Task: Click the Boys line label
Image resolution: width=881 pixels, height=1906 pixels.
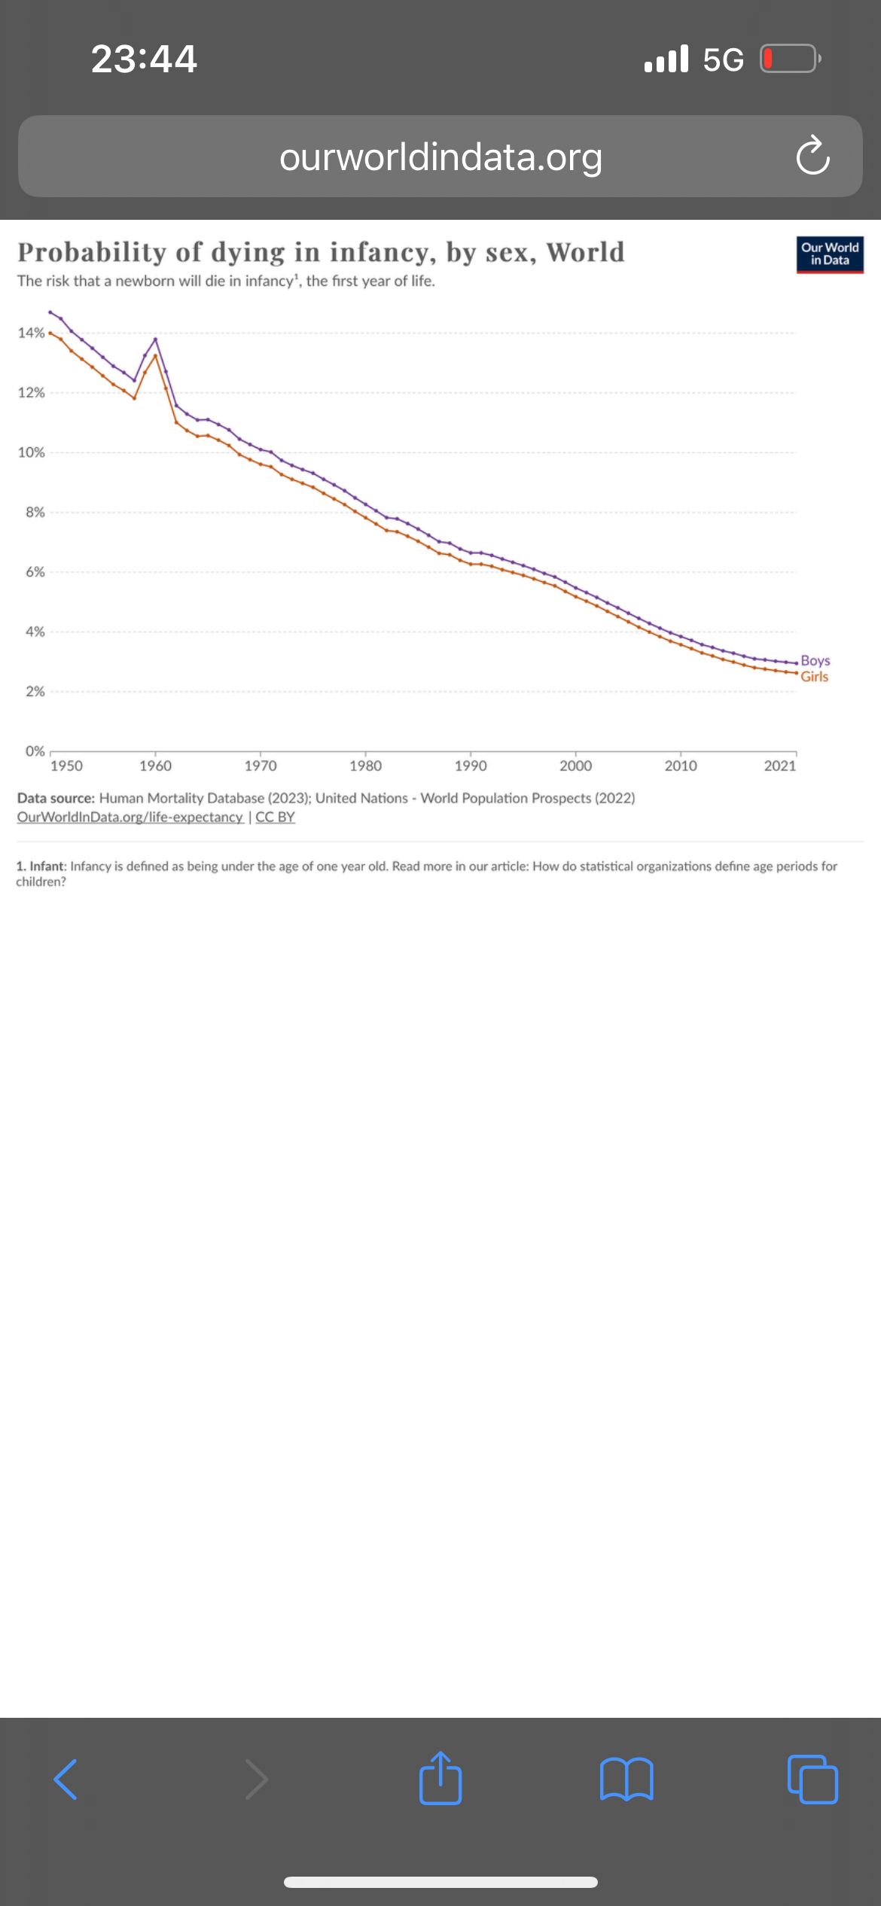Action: (x=815, y=660)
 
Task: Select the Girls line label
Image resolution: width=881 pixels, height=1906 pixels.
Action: (x=814, y=677)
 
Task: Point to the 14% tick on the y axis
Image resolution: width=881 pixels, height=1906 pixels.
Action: (x=31, y=333)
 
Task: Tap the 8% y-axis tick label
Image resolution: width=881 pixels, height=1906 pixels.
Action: (x=35, y=512)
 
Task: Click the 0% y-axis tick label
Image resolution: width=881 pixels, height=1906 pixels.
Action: (x=35, y=751)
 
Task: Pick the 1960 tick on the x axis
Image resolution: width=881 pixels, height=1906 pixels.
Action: (x=155, y=766)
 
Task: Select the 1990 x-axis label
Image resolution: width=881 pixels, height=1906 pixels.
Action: (x=471, y=766)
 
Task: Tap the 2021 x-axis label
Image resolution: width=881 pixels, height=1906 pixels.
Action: (x=779, y=766)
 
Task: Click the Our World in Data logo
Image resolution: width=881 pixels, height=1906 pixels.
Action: (x=830, y=254)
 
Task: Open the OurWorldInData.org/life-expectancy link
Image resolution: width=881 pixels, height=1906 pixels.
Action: (x=130, y=818)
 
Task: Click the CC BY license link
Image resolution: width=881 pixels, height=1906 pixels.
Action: (x=275, y=818)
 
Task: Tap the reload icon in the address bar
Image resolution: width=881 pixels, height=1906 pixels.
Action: (x=812, y=156)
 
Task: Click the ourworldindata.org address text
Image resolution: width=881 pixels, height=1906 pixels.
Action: (x=440, y=157)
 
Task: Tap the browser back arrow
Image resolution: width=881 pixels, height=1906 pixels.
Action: (x=66, y=1780)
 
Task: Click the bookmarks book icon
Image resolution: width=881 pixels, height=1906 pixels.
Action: (x=626, y=1780)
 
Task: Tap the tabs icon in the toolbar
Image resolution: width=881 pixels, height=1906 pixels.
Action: (x=812, y=1780)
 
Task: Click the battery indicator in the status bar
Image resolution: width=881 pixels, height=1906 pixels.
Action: (x=789, y=58)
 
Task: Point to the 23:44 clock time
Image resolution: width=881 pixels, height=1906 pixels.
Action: (x=144, y=59)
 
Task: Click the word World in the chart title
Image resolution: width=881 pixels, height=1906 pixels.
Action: (x=585, y=252)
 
